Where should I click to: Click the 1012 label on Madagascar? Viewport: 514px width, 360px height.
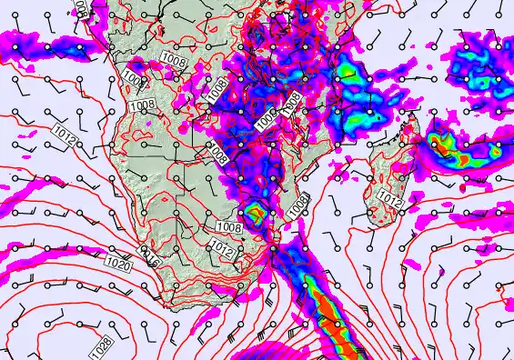click(x=388, y=199)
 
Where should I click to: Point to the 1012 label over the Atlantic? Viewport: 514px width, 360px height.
click(x=64, y=136)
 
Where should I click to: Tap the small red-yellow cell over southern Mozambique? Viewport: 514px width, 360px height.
click(x=257, y=214)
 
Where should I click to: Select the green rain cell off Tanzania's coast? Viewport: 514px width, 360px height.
click(x=346, y=71)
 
